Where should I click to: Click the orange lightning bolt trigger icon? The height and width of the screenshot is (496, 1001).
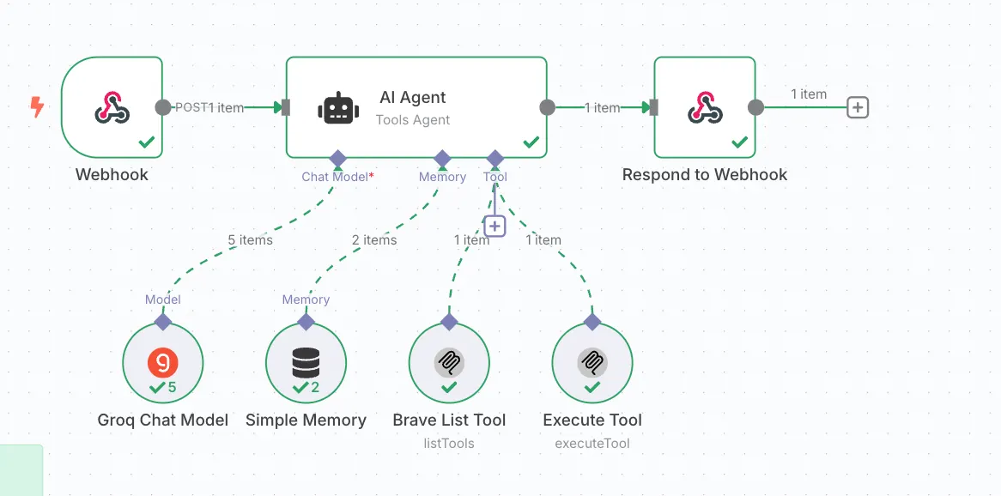[37, 107]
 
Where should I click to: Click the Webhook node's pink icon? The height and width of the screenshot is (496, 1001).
[112, 108]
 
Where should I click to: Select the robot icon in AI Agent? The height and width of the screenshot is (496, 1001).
[338, 108]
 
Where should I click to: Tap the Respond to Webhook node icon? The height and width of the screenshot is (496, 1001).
[704, 108]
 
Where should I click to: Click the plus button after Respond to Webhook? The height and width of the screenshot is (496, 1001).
[858, 107]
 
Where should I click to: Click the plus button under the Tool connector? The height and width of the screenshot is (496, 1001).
[494, 226]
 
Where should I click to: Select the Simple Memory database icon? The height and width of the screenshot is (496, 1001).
[306, 363]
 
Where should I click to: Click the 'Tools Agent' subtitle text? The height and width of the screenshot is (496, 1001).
[413, 120]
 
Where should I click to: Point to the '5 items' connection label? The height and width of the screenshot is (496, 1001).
[250, 240]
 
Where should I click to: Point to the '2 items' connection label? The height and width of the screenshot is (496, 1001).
[374, 240]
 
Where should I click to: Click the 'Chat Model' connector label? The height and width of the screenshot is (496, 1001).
[335, 177]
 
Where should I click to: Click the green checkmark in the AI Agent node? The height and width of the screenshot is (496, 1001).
[531, 142]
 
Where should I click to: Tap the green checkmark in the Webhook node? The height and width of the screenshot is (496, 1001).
[147, 142]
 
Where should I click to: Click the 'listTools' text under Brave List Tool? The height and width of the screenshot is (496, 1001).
[449, 444]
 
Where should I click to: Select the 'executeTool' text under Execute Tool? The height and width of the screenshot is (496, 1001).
[592, 444]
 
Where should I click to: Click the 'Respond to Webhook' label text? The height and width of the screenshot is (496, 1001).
[704, 174]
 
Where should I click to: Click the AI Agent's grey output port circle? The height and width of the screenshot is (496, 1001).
[547, 107]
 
